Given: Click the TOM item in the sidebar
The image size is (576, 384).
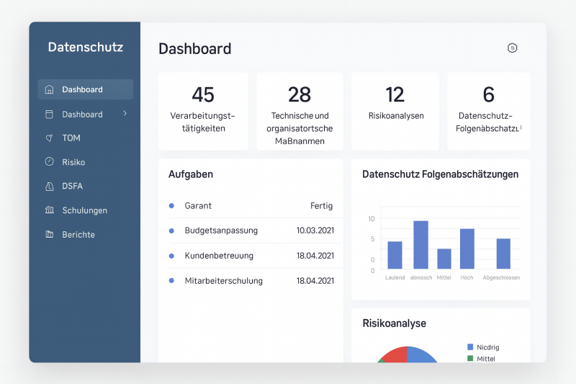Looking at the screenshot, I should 71,138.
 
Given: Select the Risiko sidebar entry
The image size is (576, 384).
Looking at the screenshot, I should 73,162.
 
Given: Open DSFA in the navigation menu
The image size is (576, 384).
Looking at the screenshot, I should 72,186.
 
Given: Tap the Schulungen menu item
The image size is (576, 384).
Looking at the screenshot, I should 84,210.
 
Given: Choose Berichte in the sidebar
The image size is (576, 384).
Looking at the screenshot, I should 78,234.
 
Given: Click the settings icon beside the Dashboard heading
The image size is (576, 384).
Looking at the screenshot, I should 513,48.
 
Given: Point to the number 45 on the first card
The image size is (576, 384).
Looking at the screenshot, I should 203,94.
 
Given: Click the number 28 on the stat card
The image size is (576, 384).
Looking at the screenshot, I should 300,94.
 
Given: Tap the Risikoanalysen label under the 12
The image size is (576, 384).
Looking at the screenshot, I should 396,115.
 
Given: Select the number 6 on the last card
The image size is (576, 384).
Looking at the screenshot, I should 489,94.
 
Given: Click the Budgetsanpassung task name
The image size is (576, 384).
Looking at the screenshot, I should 221,231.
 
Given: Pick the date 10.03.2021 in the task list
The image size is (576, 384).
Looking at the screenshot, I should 315,231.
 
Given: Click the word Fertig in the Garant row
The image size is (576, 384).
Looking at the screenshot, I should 321,205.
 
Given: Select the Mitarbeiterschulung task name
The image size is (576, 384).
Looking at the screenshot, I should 223,281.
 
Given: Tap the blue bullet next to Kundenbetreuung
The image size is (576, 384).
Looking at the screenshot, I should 171,256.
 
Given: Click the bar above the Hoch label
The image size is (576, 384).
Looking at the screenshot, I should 467,249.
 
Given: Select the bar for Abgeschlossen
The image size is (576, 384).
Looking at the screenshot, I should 503,254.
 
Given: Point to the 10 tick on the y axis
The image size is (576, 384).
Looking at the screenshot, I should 372,219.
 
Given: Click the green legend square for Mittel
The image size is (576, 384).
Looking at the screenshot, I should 470,358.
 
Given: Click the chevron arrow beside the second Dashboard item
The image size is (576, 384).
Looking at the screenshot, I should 125,114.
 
